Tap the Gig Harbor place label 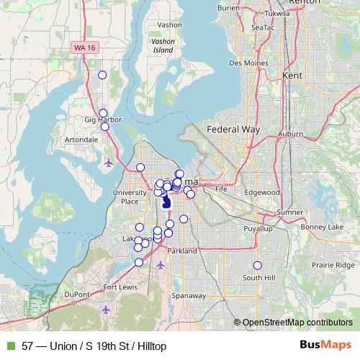click(x=103, y=120)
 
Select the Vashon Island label click(x=163, y=46)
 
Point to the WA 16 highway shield click(x=84, y=47)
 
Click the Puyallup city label click(x=260, y=228)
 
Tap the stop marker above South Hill click(x=258, y=266)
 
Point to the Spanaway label click(x=188, y=295)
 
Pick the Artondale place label click(x=81, y=139)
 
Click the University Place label click(x=130, y=197)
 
